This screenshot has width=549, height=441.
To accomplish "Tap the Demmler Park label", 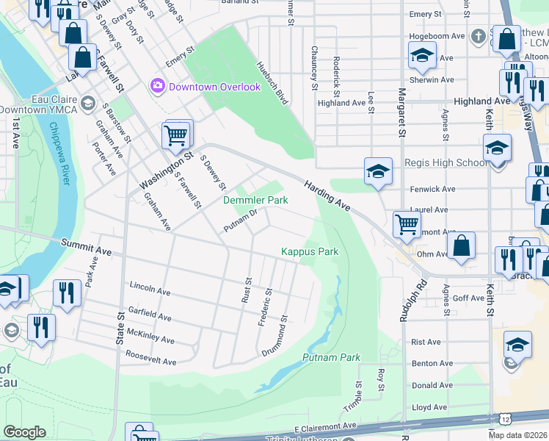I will (255, 200).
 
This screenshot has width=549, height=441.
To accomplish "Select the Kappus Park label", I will (310, 251).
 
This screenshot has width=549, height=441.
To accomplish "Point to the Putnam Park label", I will (331, 357).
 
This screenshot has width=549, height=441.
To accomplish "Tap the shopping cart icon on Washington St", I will (176, 135).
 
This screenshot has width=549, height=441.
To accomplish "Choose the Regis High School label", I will (446, 162).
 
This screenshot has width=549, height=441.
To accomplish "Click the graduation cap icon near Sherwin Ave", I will (423, 55).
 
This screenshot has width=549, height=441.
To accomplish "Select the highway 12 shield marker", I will (506, 419).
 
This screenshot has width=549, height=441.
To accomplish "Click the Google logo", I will (24, 432).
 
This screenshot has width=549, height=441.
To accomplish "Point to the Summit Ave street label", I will (86, 246).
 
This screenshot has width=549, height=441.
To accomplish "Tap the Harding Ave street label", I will (327, 197).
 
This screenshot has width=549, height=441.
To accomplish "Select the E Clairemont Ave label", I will (325, 426).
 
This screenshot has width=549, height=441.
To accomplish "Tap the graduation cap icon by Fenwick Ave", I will (378, 172).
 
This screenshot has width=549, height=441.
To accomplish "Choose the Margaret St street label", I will (401, 112).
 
